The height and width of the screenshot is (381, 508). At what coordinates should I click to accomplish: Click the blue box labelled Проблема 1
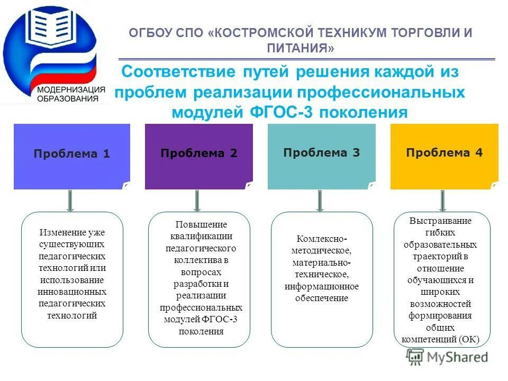click(x=71, y=156)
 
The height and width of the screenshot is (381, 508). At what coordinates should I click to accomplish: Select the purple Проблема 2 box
click(x=198, y=156)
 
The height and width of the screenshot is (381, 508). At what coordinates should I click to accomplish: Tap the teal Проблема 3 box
click(x=321, y=156)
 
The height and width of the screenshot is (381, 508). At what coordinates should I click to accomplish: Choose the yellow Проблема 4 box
click(x=444, y=156)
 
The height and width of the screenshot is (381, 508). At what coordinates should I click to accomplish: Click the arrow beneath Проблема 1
click(x=70, y=201)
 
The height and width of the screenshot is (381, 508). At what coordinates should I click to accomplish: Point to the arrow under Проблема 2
click(x=197, y=201)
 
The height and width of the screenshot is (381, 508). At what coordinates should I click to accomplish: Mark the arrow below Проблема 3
click(x=320, y=201)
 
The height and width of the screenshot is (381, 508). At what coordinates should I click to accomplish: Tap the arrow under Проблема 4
click(x=443, y=201)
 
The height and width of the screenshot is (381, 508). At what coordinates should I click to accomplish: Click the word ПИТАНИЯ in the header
click(x=301, y=48)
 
